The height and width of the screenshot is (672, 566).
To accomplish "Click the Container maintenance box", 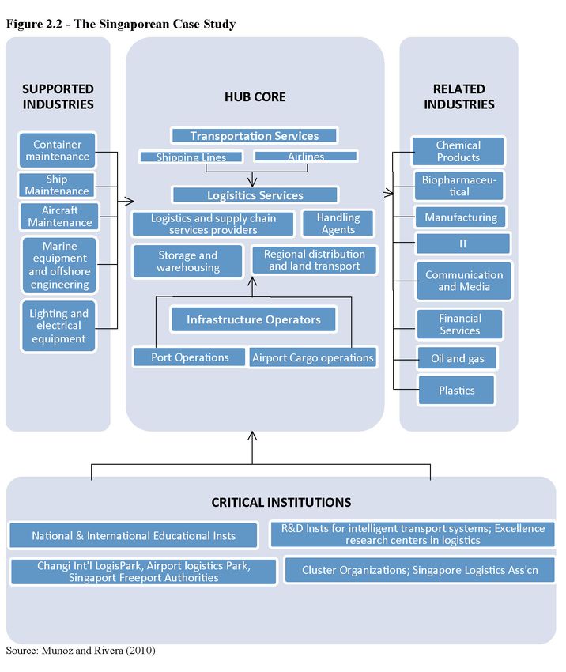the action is tap(57, 150).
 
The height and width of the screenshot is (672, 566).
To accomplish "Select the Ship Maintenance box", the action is tap(56, 185).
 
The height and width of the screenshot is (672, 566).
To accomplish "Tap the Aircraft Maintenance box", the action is tap(59, 217).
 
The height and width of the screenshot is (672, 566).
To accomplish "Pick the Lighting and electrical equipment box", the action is tap(58, 326).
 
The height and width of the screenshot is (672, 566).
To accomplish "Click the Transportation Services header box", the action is tap(254, 135).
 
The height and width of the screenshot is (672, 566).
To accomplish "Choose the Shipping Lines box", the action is tap(191, 157).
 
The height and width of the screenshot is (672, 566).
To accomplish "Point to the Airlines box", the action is tap(305, 156).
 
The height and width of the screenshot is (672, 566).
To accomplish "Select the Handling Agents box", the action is tap(338, 223).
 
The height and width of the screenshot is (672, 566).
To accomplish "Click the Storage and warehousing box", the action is tap(187, 261).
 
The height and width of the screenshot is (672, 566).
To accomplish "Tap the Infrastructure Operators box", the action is tap(254, 319).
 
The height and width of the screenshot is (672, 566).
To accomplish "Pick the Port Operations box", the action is tap(190, 357).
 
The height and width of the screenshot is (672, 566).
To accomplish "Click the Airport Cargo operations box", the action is tap(313, 357).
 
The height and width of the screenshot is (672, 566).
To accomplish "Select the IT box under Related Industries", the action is tap(463, 244).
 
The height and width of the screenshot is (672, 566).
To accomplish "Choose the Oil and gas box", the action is tap(457, 358).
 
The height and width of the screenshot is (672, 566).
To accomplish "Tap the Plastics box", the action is tap(456, 390).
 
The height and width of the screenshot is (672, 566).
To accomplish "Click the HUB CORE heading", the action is tap(255, 97).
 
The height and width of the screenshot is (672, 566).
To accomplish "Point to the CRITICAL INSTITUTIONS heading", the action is tap(281, 502).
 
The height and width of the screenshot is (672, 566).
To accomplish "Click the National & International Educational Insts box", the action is tap(134, 535).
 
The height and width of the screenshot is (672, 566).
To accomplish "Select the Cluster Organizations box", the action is tap(420, 570).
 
